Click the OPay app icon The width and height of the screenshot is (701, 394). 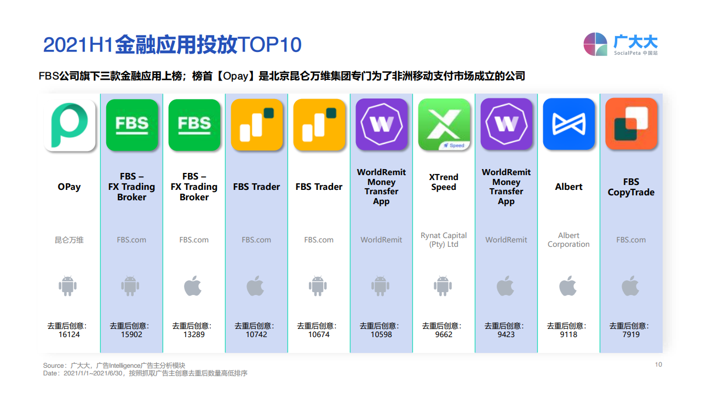70,125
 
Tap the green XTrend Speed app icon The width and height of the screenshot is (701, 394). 444,124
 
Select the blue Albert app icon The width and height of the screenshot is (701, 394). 568,124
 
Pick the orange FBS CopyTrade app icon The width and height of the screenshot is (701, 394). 631,124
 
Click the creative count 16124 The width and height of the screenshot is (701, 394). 69,334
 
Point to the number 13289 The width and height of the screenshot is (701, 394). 194,334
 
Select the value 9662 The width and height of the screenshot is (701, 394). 444,334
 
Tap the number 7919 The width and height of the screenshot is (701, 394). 631,334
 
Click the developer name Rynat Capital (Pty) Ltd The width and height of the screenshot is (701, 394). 444,240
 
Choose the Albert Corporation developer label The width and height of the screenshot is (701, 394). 568,240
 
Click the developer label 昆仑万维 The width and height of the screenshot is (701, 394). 69,240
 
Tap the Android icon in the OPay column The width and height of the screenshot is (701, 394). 67,286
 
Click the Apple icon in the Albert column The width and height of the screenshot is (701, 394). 568,286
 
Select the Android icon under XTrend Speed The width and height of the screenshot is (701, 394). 443,286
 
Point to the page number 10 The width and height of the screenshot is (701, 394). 658,364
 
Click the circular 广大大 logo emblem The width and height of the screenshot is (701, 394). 595,44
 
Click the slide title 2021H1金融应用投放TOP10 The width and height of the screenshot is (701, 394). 173,44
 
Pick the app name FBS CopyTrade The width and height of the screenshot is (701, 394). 631,187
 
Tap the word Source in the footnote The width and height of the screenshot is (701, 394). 53,366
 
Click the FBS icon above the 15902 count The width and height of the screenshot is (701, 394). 132,125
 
